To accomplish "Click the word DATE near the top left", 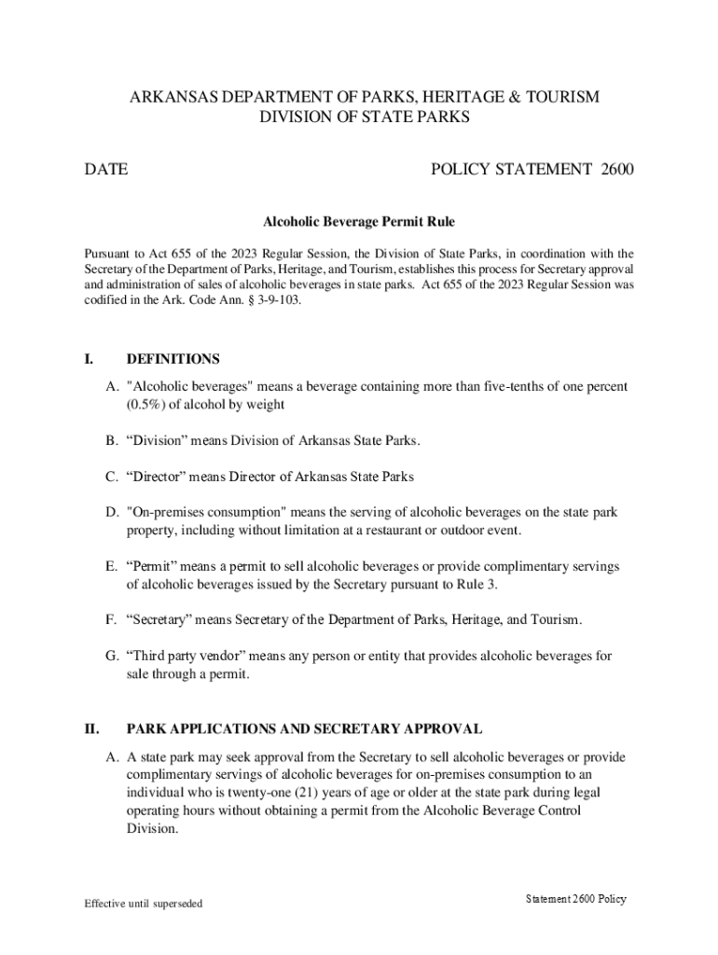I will pyautogui.click(x=106, y=170).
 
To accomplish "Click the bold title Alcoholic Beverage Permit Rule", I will pyautogui.click(x=358, y=222).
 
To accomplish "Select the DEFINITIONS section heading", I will pyautogui.click(x=173, y=359).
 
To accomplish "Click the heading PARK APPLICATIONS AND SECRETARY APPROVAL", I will pyautogui.click(x=304, y=728).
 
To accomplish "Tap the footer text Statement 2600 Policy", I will pyautogui.click(x=575, y=899).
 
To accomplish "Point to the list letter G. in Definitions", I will pyautogui.click(x=112, y=656).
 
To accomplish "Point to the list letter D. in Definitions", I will pyautogui.click(x=112, y=512).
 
